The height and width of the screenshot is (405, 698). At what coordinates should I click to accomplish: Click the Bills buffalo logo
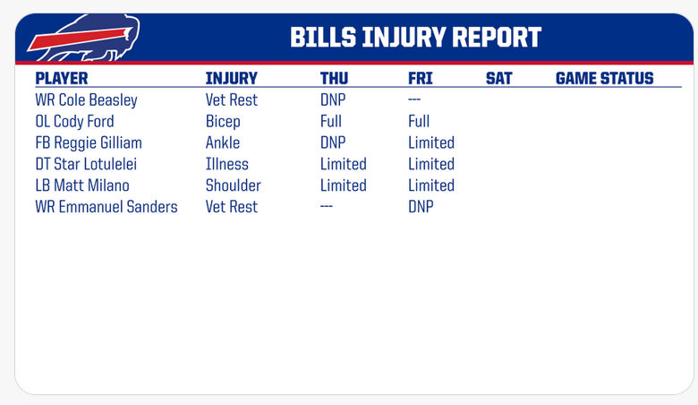(84, 39)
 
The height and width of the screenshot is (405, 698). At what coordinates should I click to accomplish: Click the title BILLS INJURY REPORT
(415, 37)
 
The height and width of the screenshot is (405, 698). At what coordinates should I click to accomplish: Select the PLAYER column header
(62, 79)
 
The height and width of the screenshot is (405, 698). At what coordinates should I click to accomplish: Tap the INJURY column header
(232, 79)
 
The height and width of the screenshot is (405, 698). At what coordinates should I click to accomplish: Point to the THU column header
(334, 79)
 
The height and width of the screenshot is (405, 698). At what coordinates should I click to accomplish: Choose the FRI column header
(421, 79)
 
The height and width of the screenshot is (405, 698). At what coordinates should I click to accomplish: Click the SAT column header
(499, 79)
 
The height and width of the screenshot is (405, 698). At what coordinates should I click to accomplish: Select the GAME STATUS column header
(605, 79)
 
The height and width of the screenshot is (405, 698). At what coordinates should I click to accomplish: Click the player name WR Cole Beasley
(87, 100)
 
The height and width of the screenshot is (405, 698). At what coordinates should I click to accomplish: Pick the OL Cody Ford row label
(75, 121)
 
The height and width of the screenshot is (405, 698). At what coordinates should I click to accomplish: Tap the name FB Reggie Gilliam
(89, 142)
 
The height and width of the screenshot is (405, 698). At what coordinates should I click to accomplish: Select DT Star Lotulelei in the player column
(86, 164)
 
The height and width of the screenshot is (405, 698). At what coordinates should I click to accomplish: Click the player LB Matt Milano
(82, 185)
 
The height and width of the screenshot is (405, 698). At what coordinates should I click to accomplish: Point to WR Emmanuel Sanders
(106, 207)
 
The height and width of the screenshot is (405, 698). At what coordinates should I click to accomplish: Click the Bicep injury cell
(223, 122)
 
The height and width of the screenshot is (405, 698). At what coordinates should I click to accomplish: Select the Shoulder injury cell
(234, 185)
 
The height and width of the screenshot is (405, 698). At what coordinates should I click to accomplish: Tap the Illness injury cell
(227, 164)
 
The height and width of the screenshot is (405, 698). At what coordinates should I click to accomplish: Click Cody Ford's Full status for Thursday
(331, 121)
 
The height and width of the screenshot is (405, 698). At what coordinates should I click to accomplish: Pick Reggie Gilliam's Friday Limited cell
(431, 142)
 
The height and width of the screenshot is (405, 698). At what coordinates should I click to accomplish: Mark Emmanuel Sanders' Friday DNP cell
(421, 207)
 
